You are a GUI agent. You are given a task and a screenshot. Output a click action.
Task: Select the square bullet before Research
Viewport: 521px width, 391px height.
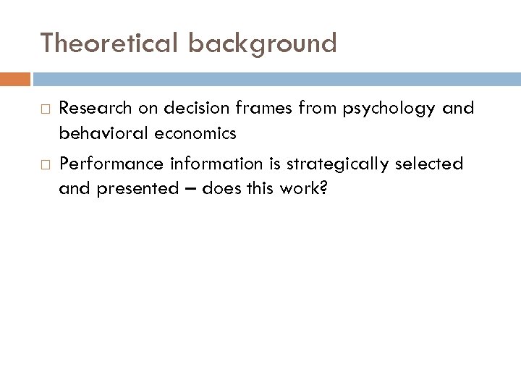(x=43, y=109)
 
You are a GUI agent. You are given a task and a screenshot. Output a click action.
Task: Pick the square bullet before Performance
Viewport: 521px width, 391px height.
(x=43, y=164)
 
